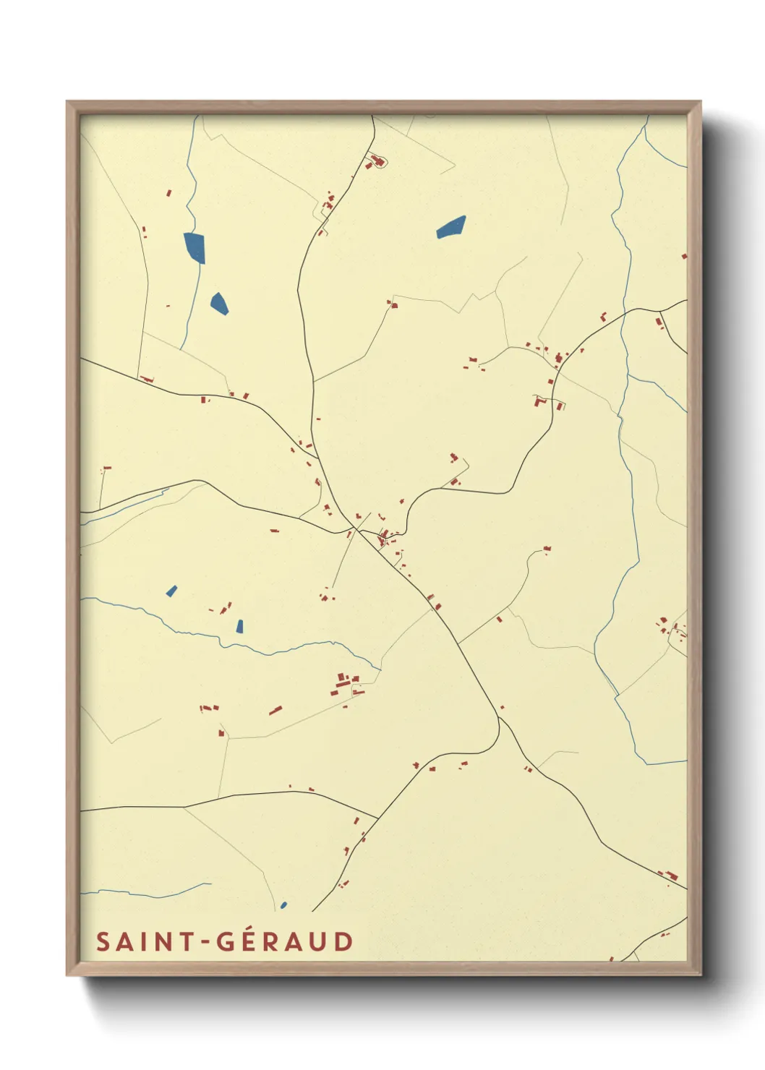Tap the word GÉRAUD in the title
(x=286, y=941)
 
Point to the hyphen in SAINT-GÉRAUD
(x=205, y=942)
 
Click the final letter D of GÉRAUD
(x=343, y=941)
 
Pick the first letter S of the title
(x=103, y=941)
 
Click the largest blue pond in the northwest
(x=195, y=247)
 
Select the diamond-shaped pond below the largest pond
(x=219, y=303)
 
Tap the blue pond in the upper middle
(x=450, y=227)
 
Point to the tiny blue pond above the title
(x=283, y=904)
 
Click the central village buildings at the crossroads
(x=383, y=536)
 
